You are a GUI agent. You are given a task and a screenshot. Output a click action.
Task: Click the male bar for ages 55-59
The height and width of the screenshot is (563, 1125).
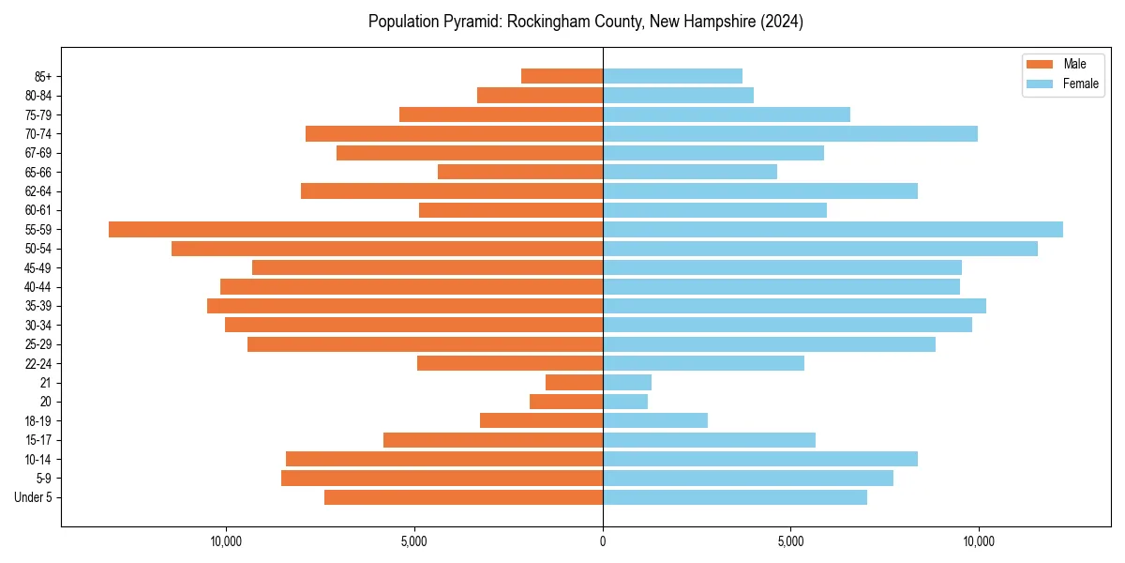[x=355, y=230]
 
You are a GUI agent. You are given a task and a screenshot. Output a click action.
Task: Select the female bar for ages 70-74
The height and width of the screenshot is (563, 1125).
[x=790, y=134]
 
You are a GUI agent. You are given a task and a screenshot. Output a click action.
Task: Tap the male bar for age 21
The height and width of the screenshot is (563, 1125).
[x=574, y=383]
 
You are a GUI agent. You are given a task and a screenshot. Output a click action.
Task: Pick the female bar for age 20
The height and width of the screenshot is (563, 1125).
[x=625, y=402]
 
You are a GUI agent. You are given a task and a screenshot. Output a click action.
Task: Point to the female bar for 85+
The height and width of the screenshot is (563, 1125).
[x=672, y=76]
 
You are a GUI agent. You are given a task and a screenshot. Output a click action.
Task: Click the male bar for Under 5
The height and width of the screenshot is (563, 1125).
[x=463, y=497]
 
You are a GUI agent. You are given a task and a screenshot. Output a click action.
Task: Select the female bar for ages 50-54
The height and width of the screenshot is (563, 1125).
[x=820, y=249]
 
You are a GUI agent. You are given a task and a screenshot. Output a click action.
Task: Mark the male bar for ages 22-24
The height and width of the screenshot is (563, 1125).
[x=510, y=363]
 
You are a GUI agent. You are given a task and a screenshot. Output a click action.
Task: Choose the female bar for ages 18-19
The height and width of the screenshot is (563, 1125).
[x=655, y=420]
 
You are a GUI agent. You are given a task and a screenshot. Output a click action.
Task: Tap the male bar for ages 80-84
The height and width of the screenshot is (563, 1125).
[x=540, y=96]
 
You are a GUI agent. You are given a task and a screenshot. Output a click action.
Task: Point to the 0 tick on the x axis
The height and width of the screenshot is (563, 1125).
[x=603, y=541]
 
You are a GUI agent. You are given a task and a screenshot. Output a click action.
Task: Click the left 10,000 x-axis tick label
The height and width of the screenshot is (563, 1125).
[x=226, y=541]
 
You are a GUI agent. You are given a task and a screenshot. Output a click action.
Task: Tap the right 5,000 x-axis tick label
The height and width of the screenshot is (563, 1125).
[x=790, y=541]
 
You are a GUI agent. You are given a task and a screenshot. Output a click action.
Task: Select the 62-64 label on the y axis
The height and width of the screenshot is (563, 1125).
[x=38, y=191]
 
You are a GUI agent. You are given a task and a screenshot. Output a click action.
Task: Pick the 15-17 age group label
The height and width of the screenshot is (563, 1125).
[x=38, y=440]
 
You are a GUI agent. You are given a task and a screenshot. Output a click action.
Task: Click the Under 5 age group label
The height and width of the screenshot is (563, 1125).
[x=34, y=497]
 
